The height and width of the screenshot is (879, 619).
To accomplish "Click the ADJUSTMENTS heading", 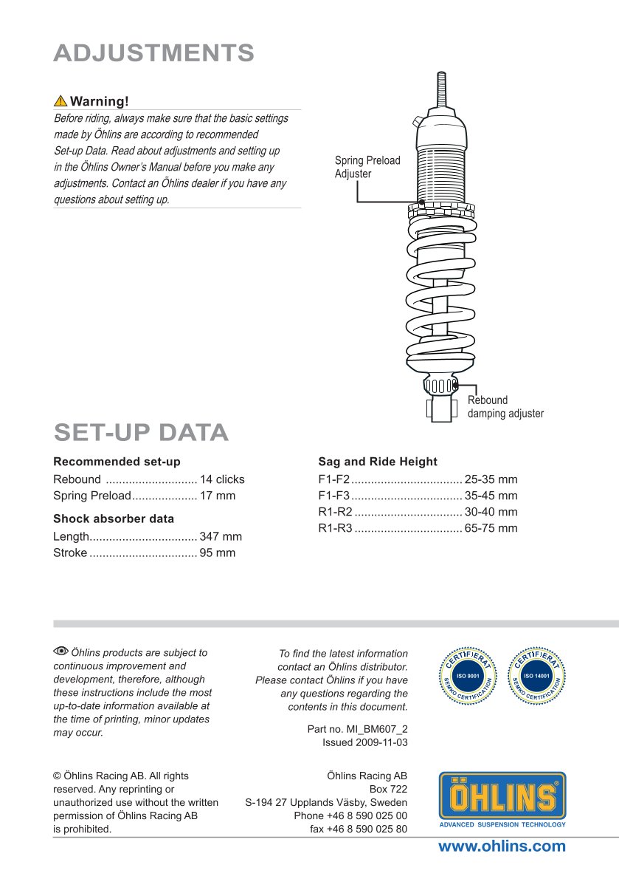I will (153, 53).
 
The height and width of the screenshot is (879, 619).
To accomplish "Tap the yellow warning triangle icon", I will (60, 101).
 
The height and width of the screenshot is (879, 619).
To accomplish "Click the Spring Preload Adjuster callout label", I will (367, 167).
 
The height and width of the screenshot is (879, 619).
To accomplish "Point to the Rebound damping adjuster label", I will (505, 407).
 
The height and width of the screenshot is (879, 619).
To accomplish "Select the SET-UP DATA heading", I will (141, 432).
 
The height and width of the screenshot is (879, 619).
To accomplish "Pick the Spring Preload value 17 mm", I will (218, 496).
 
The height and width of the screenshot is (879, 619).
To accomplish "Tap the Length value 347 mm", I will (221, 537).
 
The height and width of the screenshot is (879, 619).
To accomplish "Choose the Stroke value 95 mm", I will (218, 553).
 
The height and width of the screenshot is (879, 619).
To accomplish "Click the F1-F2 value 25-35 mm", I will (491, 479).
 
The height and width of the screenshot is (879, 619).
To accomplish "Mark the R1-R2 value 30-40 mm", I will (491, 512).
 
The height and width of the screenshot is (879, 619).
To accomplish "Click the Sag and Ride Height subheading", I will (378, 462).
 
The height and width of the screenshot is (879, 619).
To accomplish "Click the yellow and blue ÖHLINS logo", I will (502, 799).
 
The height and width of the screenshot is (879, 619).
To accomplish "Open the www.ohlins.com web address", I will (502, 846).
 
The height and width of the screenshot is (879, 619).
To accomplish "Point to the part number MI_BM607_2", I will (357, 729).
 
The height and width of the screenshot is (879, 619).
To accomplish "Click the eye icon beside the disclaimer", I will (60, 651).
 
